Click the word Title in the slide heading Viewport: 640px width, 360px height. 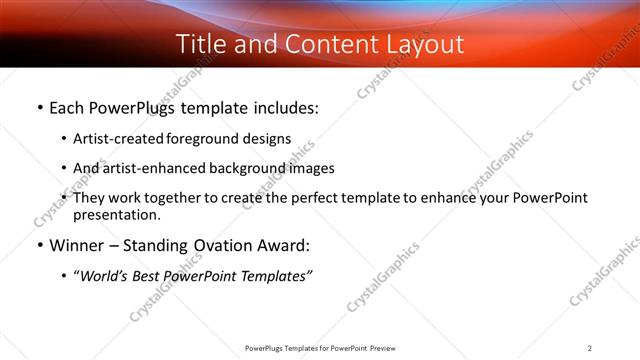click(x=198, y=44)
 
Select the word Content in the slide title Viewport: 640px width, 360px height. click(x=306, y=44)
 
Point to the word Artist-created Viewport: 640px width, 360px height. click(x=113, y=139)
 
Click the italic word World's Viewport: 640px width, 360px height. click(x=103, y=276)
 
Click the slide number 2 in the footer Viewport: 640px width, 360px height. click(x=590, y=348)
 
